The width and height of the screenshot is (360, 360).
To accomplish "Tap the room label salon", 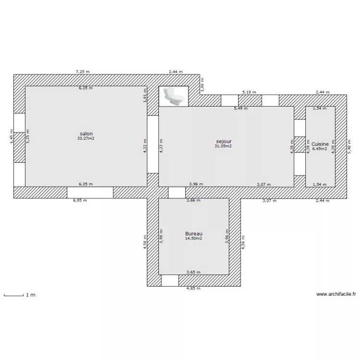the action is coord(86,133).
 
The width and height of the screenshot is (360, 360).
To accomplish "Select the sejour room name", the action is coord(224,142).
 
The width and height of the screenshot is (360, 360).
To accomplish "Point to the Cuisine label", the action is coord(320,144).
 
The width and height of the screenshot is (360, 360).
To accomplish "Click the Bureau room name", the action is coord(194,234).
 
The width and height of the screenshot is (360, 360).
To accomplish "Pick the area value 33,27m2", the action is coord(86,138).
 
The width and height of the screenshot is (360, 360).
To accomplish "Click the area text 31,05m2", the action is coord(223,146).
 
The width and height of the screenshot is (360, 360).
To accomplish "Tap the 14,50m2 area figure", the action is coord(193,238).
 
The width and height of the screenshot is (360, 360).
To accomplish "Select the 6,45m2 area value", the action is coord(320,149).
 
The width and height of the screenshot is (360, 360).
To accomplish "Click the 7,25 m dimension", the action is coord(83,72).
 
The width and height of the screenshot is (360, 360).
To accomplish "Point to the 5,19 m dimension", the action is coord(249,92).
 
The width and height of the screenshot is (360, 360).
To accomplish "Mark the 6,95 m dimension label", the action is coord(80,200).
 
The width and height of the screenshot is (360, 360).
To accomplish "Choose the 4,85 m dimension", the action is coord(193,288).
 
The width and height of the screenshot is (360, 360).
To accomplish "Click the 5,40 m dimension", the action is coord(349,147).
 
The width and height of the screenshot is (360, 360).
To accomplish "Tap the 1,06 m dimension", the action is coord(202,84).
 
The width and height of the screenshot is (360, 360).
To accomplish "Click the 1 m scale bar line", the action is coord(14,296).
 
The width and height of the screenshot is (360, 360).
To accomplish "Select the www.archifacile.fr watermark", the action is coord(336,294).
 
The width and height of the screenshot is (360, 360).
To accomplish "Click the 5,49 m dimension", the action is coord(240,108).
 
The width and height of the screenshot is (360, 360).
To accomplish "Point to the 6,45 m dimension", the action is coord(12,136).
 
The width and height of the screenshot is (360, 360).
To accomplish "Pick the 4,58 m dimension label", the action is coord(145,242).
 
